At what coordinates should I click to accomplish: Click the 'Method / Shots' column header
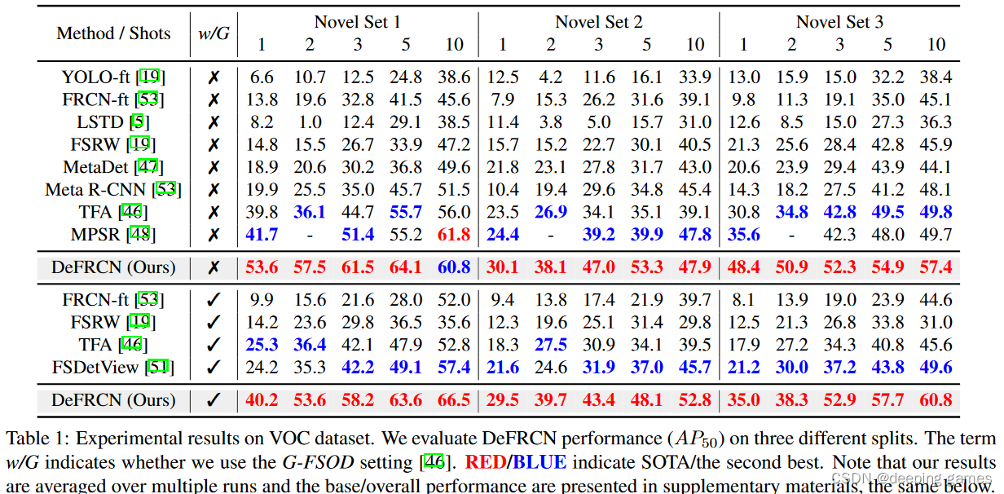pyautogui.click(x=113, y=33)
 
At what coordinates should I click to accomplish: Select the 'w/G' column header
pyautogui.click(x=214, y=33)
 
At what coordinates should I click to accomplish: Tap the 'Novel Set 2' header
pyautogui.click(x=598, y=22)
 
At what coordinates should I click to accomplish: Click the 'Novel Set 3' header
pyautogui.click(x=839, y=22)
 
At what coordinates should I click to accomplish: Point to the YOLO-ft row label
pyautogui.click(x=113, y=77)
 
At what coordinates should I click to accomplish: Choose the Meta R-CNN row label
pyautogui.click(x=113, y=190)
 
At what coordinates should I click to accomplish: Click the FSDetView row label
pyautogui.click(x=113, y=367)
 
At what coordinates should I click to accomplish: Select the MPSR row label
pyautogui.click(x=113, y=235)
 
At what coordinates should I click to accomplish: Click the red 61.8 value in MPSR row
pyautogui.click(x=454, y=235)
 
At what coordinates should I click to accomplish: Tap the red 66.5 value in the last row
pyautogui.click(x=454, y=400)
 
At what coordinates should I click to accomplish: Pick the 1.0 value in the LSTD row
pyautogui.click(x=310, y=122)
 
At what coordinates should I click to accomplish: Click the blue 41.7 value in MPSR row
pyautogui.click(x=262, y=235)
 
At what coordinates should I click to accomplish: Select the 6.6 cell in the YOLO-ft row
pyautogui.click(x=262, y=77)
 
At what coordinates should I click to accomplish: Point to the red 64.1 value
pyautogui.click(x=406, y=267)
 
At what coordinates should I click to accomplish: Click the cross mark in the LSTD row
pyautogui.click(x=214, y=122)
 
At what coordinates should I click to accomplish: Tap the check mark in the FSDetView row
pyautogui.click(x=214, y=367)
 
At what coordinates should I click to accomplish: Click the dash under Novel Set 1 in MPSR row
pyautogui.click(x=310, y=235)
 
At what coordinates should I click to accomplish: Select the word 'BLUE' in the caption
pyautogui.click(x=539, y=462)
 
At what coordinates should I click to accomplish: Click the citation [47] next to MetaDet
pyautogui.click(x=148, y=167)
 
